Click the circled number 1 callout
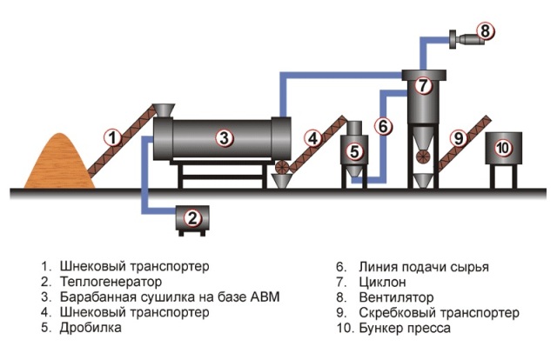coord(111,137)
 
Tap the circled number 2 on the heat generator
coord(194,218)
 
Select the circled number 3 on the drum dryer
coord(224,137)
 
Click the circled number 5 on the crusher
coord(353,150)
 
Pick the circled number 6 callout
coord(383,126)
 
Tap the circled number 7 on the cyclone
coord(423,86)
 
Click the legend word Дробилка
coord(91,329)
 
